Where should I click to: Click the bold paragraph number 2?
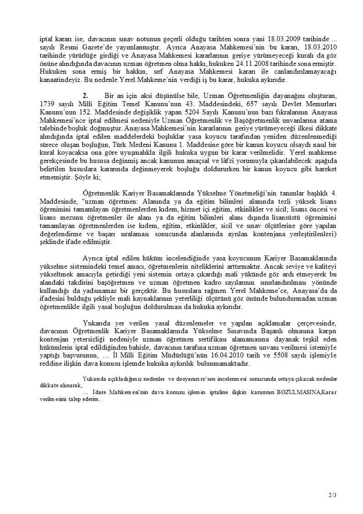tap(85, 95)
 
